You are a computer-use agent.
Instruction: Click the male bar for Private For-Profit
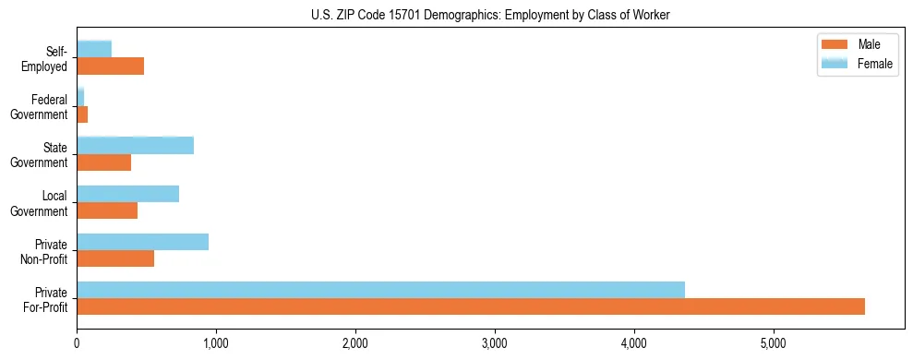coord(471,306)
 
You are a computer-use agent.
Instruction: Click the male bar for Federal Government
coord(82,114)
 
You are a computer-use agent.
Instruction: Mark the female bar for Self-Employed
coord(94,49)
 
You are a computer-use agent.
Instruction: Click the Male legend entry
coord(857,45)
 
